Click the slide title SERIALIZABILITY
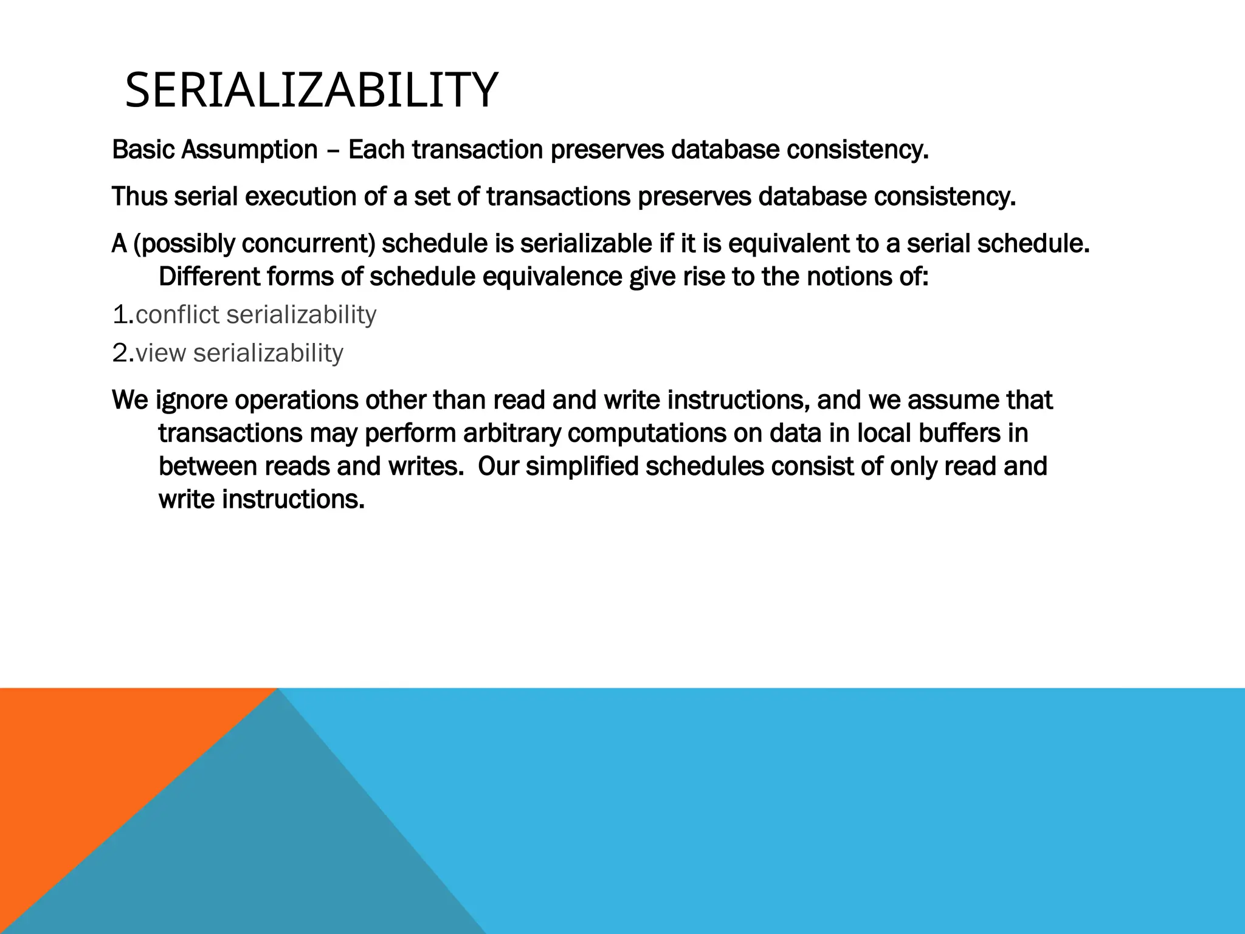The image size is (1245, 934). [311, 91]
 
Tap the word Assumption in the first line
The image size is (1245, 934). [249, 150]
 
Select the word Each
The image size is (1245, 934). [376, 150]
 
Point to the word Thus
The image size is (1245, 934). [139, 196]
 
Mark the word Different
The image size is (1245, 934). [209, 277]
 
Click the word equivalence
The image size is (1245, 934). [552, 277]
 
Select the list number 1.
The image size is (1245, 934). [122, 315]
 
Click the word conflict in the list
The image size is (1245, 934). [177, 315]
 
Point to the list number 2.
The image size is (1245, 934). [122, 353]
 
